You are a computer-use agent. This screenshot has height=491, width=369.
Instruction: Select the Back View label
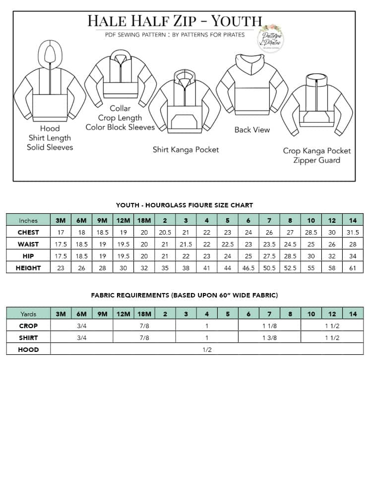[252, 130]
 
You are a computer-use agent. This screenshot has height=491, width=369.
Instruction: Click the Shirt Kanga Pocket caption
[185, 149]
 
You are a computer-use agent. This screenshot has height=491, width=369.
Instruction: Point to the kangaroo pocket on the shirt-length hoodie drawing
[184, 122]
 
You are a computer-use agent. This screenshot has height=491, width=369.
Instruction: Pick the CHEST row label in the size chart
[28, 232]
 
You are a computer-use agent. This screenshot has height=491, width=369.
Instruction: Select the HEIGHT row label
[28, 268]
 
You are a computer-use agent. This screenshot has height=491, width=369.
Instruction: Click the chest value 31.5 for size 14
[353, 232]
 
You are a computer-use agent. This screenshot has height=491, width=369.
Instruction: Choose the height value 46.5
[248, 268]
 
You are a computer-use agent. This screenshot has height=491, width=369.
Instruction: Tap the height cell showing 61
[353, 268]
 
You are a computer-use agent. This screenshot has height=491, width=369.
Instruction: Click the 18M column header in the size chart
[144, 220]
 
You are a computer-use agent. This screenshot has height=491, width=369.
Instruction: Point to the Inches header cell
[28, 220]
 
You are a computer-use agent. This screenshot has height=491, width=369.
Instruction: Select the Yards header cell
[28, 314]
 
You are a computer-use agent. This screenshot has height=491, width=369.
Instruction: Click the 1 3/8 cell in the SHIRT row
[269, 338]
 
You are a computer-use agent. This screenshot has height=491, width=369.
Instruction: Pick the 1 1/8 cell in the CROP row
[269, 326]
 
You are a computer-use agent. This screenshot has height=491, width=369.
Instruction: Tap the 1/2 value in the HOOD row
[207, 349]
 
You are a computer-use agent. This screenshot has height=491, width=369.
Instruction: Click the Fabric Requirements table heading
[184, 295]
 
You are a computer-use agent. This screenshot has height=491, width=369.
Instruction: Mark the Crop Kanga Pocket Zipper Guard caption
[316, 155]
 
